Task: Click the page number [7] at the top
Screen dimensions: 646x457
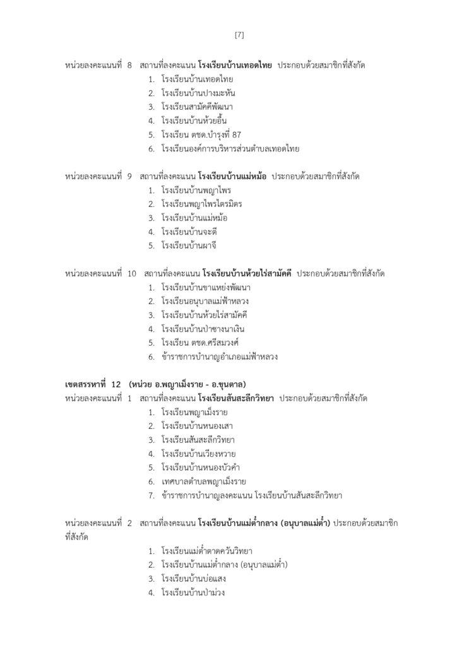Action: [239, 35]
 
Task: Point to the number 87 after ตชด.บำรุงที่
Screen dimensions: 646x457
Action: [237, 135]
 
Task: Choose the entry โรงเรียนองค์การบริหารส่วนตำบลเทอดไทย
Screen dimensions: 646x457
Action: [230, 149]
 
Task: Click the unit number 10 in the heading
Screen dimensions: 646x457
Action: [132, 274]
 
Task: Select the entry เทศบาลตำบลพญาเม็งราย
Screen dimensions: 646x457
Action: [203, 481]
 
